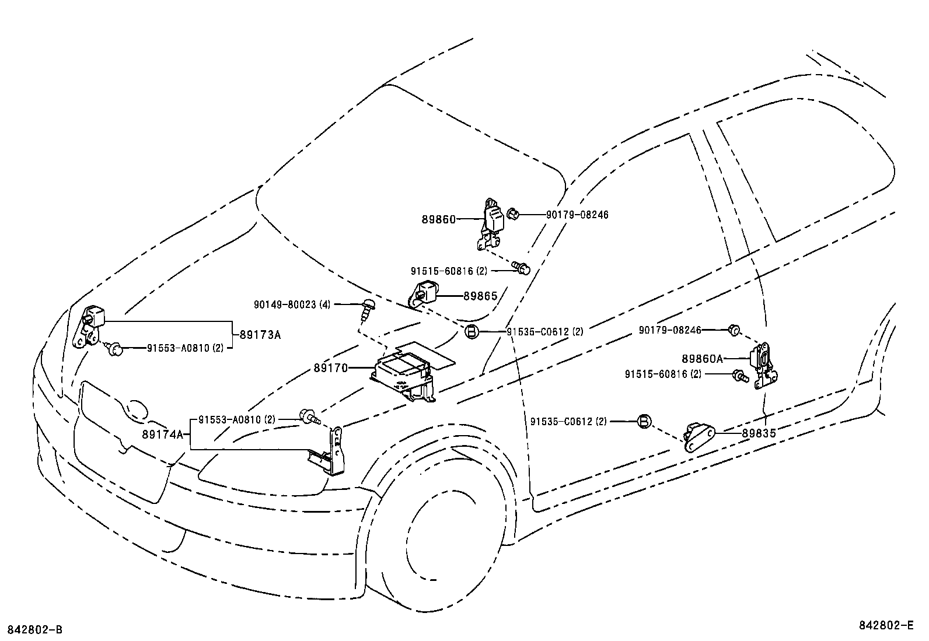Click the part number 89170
pos(330,368)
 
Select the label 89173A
pos(260,335)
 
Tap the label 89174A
pos(162,435)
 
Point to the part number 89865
pos(480,296)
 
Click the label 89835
pos(759,433)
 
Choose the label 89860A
pos(702,358)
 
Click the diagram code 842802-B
pos(34,630)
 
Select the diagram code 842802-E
pos(885,625)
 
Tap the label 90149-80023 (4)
pos(292,304)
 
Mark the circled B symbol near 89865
pos(472,332)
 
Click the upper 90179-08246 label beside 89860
pos(577,215)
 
